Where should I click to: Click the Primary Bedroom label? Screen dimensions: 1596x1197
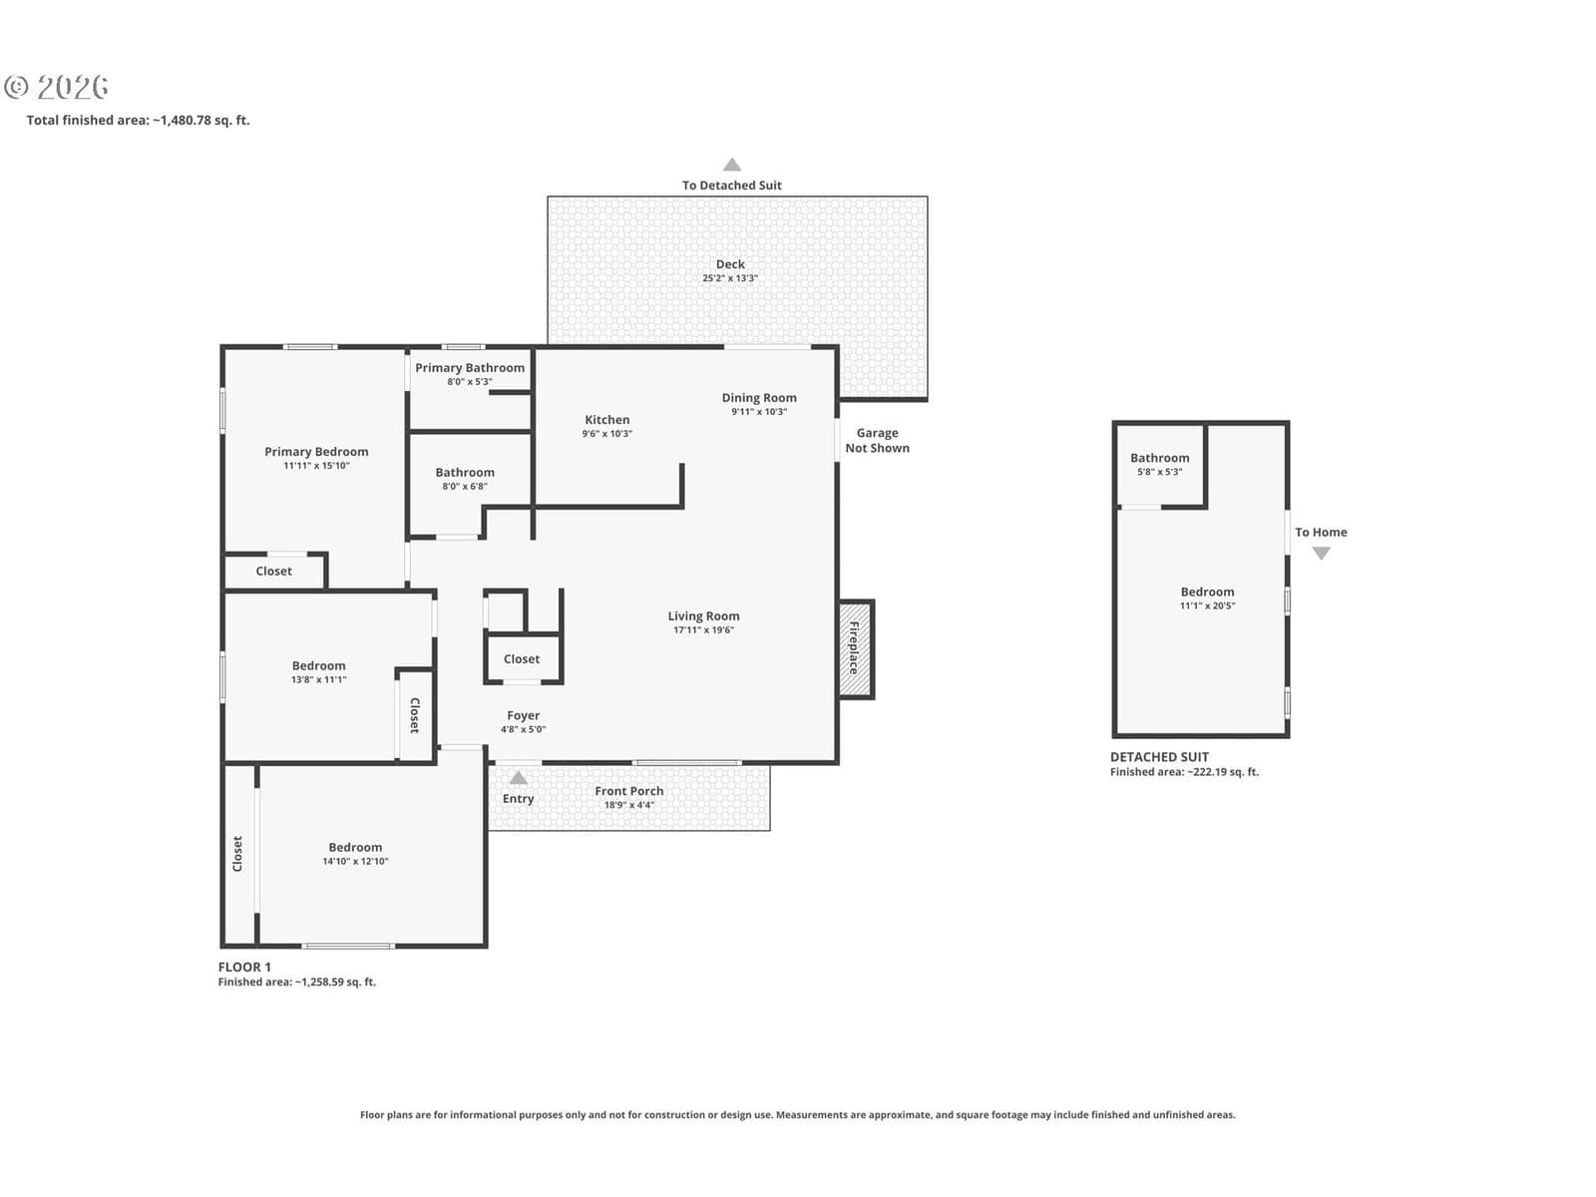click(316, 451)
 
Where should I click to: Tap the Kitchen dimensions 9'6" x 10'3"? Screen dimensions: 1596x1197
click(607, 434)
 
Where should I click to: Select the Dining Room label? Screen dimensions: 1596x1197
click(759, 398)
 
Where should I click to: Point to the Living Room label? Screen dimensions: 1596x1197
click(704, 615)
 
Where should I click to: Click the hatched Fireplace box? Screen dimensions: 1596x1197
click(856, 649)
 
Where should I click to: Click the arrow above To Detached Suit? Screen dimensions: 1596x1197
click(732, 165)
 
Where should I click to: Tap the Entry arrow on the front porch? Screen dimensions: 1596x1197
click(519, 778)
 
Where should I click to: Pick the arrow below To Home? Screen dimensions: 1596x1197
click(1321, 553)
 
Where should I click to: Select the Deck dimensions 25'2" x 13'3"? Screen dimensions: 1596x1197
click(730, 278)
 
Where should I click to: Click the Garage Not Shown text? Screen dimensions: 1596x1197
click(877, 441)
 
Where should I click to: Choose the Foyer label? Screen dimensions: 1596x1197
click(524, 715)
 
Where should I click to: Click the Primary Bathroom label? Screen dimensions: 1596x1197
click(470, 368)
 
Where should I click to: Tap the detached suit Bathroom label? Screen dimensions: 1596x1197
click(1160, 458)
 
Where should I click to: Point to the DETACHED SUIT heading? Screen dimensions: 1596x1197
click(1159, 756)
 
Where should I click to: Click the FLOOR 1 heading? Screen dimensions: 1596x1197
click(244, 967)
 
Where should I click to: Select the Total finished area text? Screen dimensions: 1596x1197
click(138, 120)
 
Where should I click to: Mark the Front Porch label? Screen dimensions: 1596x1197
click(629, 791)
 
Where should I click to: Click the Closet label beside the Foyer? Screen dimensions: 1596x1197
click(522, 659)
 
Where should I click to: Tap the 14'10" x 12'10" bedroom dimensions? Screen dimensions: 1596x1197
click(355, 862)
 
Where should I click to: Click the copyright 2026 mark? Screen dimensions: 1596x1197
click(56, 87)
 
